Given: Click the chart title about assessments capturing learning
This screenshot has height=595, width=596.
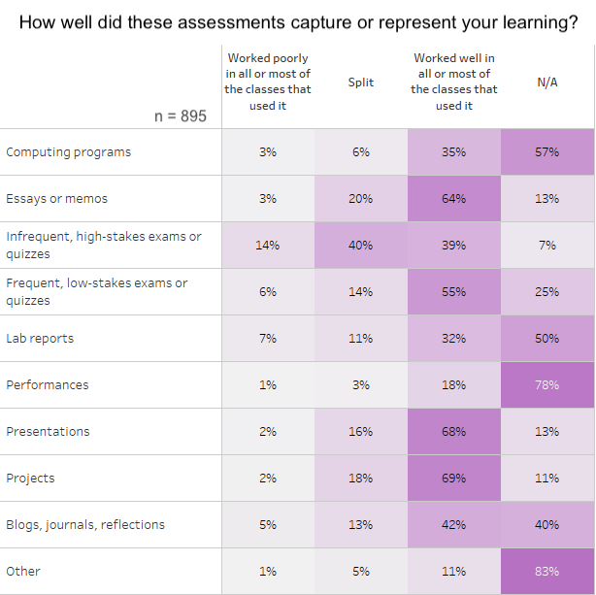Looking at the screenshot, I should coord(298,21).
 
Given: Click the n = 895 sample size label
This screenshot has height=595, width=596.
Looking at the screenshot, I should coord(181,116).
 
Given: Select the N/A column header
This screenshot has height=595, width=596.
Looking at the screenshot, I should coord(547,83).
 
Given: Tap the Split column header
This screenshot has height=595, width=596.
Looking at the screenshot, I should coord(361,83).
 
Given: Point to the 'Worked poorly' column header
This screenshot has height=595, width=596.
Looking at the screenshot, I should coord(268,82).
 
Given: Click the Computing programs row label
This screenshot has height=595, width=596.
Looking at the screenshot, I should coord(68,152).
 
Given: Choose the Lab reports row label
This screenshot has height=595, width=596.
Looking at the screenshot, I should coord(40,339).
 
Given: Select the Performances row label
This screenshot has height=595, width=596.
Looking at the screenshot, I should coord(47,385).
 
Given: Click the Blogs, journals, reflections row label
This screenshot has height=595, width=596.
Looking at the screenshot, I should coord(85,525).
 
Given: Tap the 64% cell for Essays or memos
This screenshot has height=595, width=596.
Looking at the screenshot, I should coord(454,199).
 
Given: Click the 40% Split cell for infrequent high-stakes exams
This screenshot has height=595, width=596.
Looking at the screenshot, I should coord(361,246).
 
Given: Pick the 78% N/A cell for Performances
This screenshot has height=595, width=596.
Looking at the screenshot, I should coord(547,385).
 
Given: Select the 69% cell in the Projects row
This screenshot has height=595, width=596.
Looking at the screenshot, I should coord(454,479).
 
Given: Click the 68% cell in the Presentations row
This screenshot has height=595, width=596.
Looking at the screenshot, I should coord(454,432).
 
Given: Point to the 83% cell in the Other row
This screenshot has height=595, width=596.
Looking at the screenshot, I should coord(547,572).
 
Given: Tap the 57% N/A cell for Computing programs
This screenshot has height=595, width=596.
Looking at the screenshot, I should coord(547,152).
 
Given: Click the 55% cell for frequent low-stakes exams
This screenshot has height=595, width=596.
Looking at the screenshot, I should coord(454,292).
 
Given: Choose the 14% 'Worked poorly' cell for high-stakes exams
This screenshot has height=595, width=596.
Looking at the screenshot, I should coord(268,246).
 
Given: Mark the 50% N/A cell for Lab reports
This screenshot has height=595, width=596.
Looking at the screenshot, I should coord(547,339).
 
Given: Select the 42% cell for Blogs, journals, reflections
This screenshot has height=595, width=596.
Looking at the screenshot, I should coord(454,525).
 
